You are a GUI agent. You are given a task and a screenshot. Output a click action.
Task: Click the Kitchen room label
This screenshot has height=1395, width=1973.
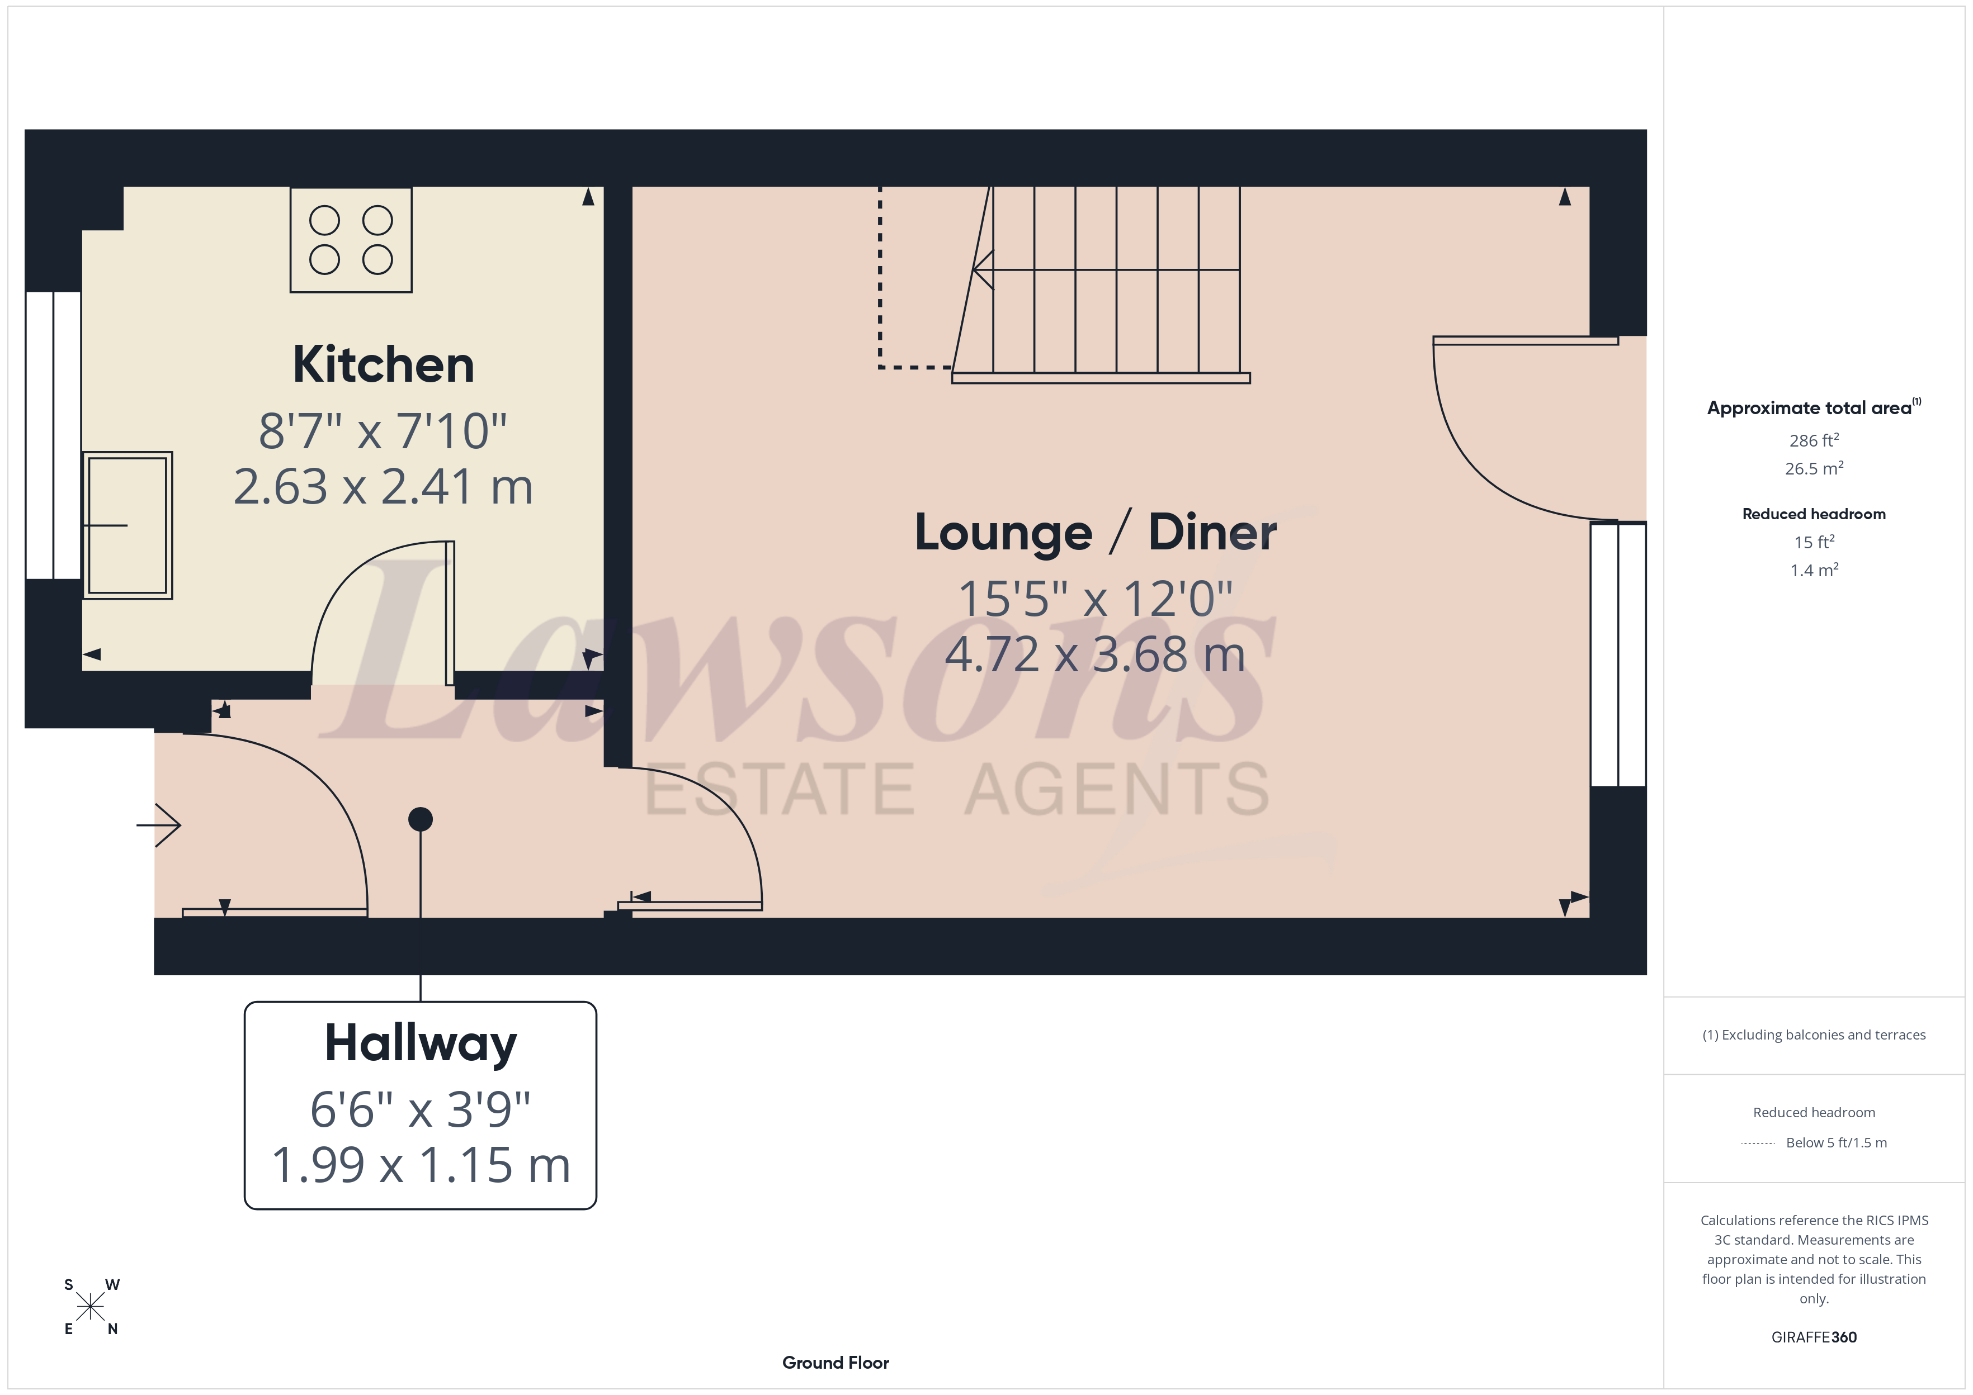(383, 365)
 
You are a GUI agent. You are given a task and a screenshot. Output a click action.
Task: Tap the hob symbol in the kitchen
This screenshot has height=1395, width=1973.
(351, 240)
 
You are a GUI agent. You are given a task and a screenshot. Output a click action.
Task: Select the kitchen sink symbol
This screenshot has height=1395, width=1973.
(127, 525)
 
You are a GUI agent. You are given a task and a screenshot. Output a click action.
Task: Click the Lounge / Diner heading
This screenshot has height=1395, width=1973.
(1095, 533)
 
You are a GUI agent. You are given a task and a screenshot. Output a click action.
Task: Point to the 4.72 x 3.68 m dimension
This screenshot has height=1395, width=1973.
(1095, 654)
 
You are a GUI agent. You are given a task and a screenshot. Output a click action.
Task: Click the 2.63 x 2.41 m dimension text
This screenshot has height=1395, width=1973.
(383, 487)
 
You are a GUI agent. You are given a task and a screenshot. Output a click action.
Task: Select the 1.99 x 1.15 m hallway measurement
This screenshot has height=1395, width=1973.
(420, 1166)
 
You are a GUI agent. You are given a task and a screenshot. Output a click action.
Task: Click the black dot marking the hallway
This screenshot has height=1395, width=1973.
(420, 819)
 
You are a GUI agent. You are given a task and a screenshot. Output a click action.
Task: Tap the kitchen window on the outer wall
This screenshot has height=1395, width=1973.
(53, 435)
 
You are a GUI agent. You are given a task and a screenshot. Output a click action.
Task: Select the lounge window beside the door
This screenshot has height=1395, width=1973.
(1618, 654)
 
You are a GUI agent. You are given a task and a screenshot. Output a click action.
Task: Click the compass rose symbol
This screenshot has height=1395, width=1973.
(90, 1307)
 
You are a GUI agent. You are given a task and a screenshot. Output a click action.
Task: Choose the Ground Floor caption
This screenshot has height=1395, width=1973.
(836, 1363)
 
